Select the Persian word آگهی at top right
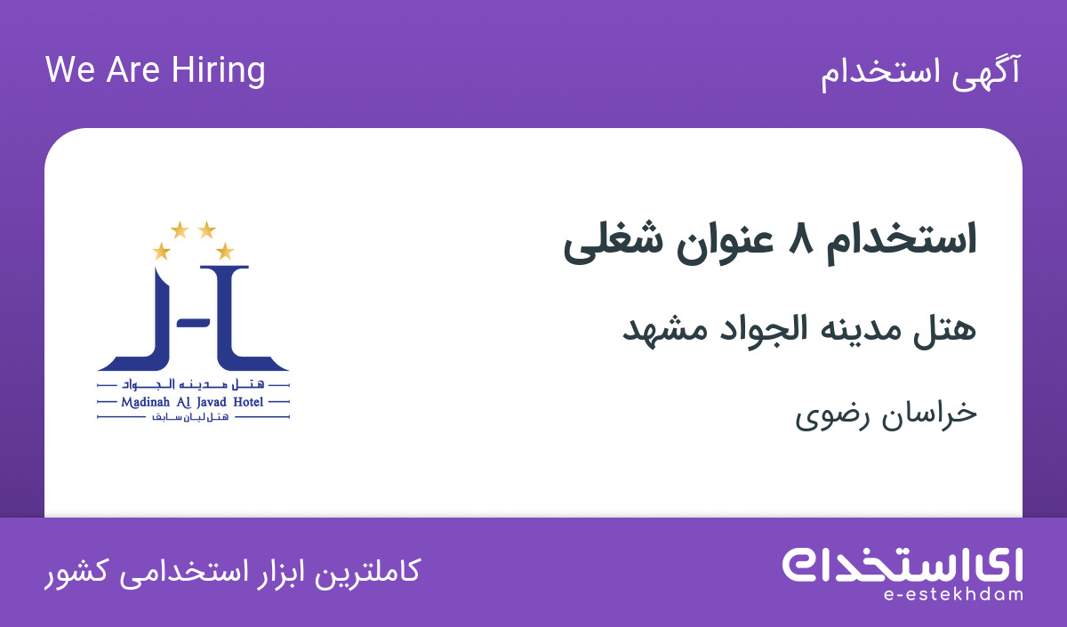pos(986,72)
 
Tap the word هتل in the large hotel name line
pos(944,329)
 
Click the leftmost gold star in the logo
pos(162,251)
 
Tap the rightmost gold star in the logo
pos(225,251)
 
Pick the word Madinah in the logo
pos(145,402)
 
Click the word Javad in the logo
pos(212,403)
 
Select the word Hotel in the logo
pos(248,402)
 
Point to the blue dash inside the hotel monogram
pos(194,323)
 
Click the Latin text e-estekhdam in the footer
pos(953,594)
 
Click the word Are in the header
pos(132,70)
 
